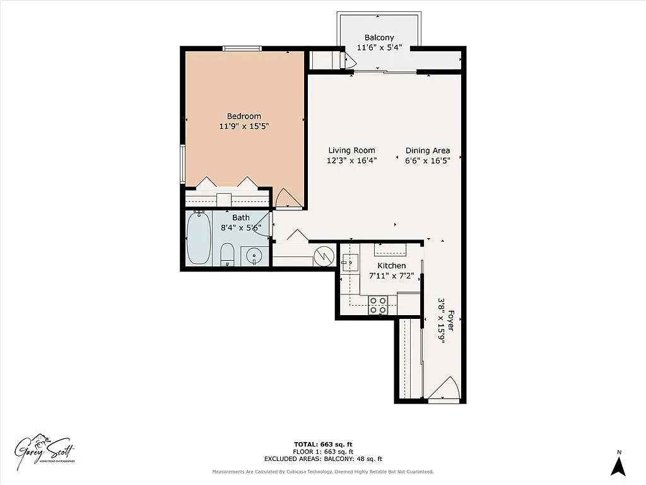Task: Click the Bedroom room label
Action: (x=244, y=116)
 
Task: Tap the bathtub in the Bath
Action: (x=199, y=239)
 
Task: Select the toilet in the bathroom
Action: (x=228, y=256)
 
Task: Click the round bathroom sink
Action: (x=254, y=256)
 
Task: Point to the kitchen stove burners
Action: (x=379, y=305)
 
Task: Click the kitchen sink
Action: (x=349, y=261)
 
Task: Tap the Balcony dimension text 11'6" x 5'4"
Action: (x=379, y=47)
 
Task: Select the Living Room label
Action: (x=351, y=150)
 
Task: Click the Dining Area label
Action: (x=427, y=150)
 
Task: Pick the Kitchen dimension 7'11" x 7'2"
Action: (x=391, y=276)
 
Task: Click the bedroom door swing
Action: (x=289, y=198)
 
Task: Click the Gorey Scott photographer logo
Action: (x=45, y=450)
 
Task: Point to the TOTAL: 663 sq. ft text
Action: (x=322, y=444)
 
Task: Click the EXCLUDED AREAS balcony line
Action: (x=322, y=459)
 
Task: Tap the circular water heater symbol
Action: (x=324, y=255)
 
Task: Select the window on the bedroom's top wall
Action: (x=242, y=49)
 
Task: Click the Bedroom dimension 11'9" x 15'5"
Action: (x=244, y=126)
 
